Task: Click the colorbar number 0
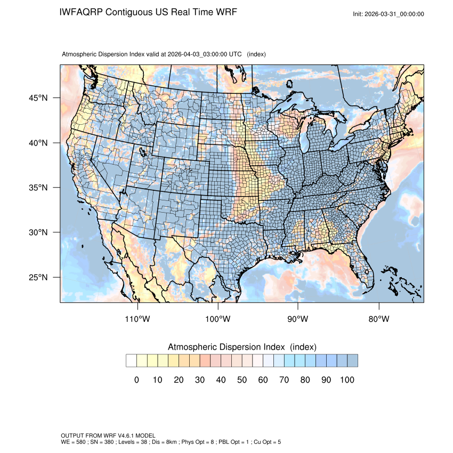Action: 136,380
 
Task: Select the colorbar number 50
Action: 242,380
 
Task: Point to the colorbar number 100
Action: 347,380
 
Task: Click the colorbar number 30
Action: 200,380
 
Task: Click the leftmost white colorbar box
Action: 131,361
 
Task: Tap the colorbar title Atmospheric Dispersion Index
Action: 228,347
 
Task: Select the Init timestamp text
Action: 389,14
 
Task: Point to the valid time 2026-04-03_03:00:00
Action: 192,54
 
